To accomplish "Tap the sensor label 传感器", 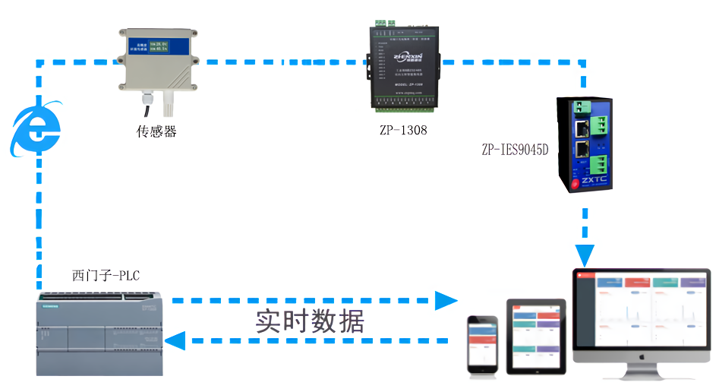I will point(156,131).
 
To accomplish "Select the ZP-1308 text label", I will point(403,130).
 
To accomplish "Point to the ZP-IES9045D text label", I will point(514,150).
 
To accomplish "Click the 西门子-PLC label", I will point(106,275).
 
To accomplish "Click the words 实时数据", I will point(309,321).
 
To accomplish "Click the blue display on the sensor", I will point(149,48).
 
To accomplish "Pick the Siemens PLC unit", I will point(100,335).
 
